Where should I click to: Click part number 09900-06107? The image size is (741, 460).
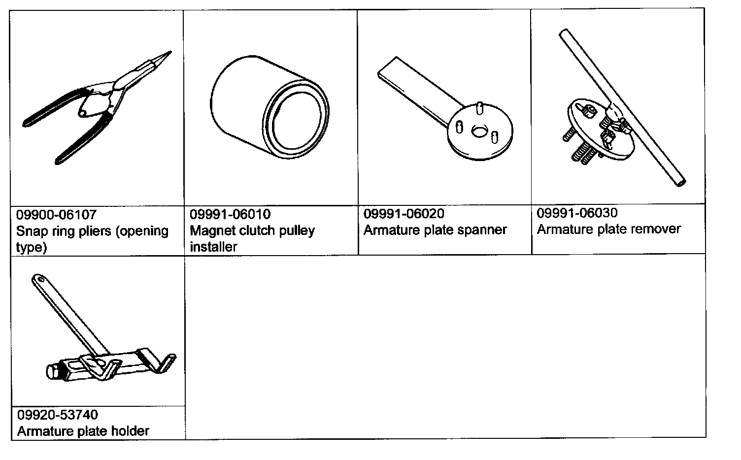tap(56, 215)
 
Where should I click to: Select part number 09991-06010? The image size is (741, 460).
tap(230, 215)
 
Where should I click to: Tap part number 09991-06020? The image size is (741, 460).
tap(404, 214)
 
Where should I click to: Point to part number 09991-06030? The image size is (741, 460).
tap(577, 213)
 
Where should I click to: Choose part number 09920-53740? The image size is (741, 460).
tap(57, 415)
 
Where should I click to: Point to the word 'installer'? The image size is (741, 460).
tap(213, 247)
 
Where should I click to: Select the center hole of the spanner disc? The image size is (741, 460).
tap(478, 131)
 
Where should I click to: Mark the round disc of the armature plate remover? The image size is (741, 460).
tap(591, 133)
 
